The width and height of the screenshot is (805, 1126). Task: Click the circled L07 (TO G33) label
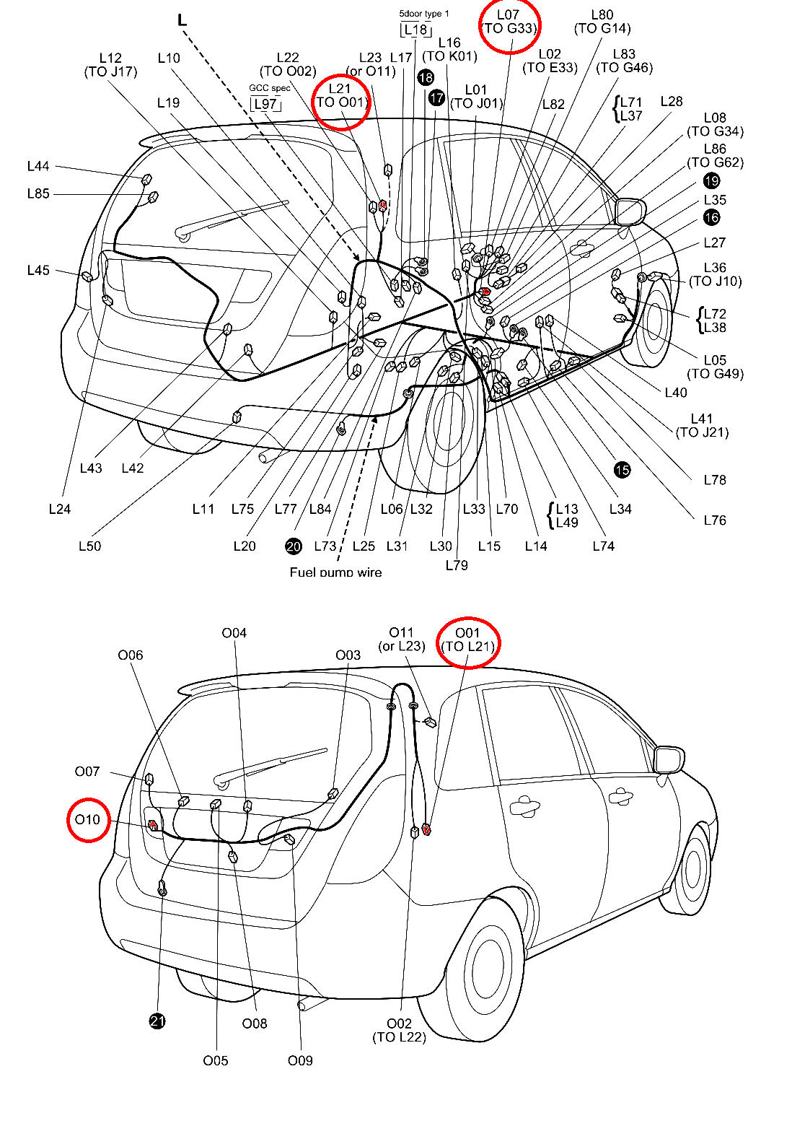point(509,22)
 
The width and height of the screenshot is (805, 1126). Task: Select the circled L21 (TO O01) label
point(341,96)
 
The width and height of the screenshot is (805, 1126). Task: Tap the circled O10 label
point(88,820)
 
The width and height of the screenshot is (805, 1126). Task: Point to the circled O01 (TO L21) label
point(468,640)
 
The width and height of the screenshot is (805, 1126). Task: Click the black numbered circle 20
point(294,546)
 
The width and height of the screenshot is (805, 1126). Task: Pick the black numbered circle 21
point(157,1021)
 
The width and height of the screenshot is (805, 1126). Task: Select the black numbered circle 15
point(622,471)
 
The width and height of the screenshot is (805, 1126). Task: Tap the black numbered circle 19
point(711,181)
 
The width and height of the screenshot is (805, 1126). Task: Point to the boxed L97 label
point(265,104)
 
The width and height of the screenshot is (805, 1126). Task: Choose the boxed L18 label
point(416,30)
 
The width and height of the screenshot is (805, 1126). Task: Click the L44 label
point(38,167)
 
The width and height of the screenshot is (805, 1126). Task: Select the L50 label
point(89,546)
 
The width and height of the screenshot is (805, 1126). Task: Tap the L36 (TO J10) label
point(715,274)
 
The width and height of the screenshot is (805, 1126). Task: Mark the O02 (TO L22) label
point(399,1030)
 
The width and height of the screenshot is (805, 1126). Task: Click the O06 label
point(131,655)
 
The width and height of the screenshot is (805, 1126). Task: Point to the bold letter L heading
point(182,20)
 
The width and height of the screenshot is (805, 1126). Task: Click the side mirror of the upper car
point(629,211)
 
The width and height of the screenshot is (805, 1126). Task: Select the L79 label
point(457,565)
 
